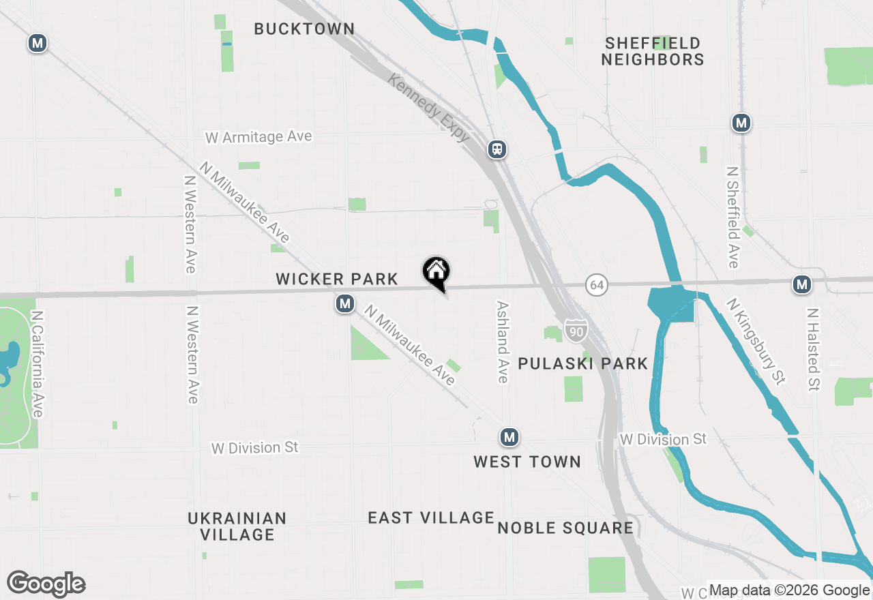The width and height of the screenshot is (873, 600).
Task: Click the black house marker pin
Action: (436, 273)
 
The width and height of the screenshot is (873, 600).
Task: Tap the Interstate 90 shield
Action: (576, 331)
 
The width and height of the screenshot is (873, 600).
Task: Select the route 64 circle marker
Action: (597, 284)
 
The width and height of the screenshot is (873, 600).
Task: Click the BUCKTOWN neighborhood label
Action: (304, 29)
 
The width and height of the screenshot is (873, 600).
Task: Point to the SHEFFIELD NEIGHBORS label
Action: (653, 51)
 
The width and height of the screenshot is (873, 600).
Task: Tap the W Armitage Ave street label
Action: (258, 137)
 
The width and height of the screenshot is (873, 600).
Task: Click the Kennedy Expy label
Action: (429, 108)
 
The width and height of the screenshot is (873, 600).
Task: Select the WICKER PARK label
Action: (337, 279)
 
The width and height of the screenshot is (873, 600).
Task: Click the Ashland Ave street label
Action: (503, 342)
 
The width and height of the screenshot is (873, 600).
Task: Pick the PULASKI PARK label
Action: (582, 363)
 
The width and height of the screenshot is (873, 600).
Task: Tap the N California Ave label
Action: (37, 365)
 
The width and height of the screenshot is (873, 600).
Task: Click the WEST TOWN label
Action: (527, 462)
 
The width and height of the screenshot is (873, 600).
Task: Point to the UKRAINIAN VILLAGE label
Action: (237, 526)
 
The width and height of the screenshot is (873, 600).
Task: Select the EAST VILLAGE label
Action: (431, 518)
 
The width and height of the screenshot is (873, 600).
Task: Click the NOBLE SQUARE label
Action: (565, 528)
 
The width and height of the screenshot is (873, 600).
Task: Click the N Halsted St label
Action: (812, 349)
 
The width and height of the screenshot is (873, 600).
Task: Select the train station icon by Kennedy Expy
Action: (497, 149)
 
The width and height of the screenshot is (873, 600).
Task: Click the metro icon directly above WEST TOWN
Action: (508, 437)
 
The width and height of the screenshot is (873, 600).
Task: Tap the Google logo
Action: (46, 584)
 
